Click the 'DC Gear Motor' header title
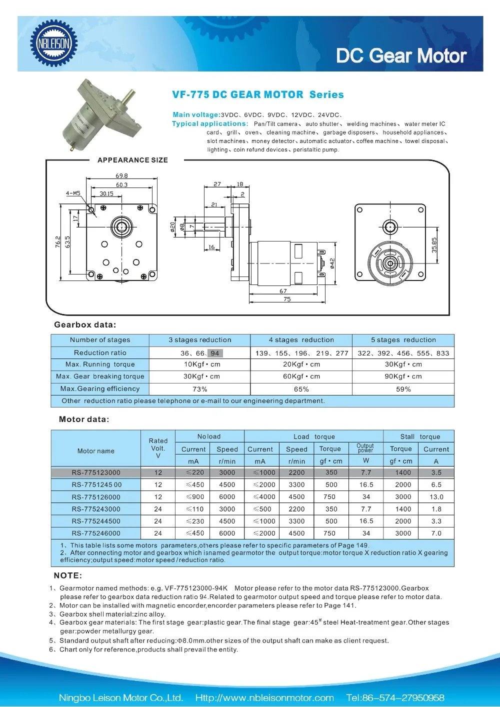(401, 56)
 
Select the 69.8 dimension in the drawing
(121, 175)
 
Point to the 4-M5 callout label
(73, 193)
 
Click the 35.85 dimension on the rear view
(434, 244)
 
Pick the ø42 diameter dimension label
(332, 263)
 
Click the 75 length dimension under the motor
(286, 299)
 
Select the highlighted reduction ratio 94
(215, 353)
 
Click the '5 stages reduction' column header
(403, 340)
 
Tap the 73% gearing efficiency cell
(199, 389)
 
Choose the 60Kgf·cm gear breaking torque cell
(301, 376)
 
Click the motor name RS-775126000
(96, 497)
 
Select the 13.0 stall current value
(436, 497)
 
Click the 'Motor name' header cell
(96, 451)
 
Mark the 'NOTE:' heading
(68, 575)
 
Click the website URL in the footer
(264, 697)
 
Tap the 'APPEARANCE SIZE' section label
(132, 160)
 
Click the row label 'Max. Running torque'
(100, 364)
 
